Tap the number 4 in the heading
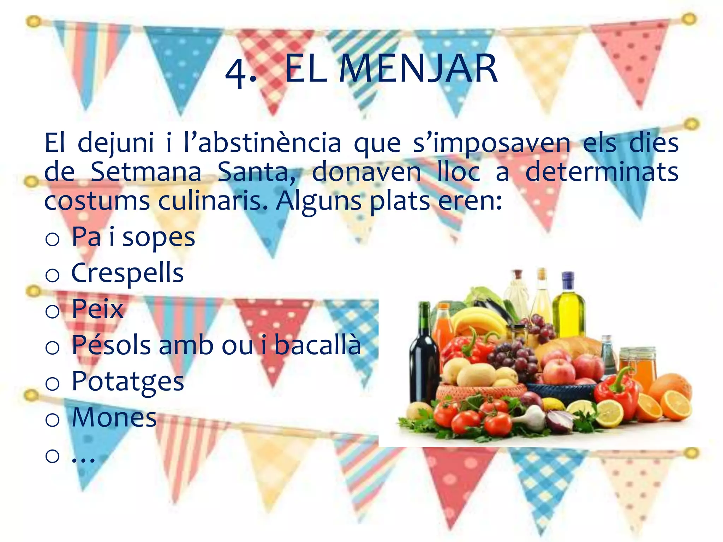tap(236, 72)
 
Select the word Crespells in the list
tap(127, 273)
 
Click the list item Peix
tap(97, 309)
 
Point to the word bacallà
tap(317, 345)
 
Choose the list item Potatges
tap(127, 382)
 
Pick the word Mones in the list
tap(114, 417)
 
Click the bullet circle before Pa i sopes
tap(52, 240)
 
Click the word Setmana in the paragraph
tap(145, 172)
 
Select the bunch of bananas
tap(480, 319)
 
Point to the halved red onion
tap(560, 420)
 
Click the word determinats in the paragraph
tap(602, 172)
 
